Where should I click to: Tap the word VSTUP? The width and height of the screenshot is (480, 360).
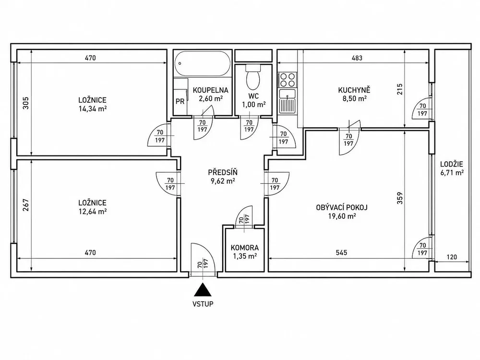[x=203, y=304]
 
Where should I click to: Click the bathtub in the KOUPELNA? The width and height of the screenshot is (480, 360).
[x=203, y=63]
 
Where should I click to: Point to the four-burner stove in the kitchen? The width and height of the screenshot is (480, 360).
[x=287, y=80]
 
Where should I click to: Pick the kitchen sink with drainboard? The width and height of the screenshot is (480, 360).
[x=287, y=101]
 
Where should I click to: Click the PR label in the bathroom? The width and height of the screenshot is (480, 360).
[x=180, y=101]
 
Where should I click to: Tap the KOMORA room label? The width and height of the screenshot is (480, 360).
[x=245, y=248]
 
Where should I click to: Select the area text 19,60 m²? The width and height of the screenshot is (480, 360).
[x=342, y=216]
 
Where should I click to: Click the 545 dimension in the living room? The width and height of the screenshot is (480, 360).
[x=341, y=252]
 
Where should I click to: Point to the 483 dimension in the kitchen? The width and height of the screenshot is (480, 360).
[x=357, y=58]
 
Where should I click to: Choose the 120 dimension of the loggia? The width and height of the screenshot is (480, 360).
[x=452, y=257]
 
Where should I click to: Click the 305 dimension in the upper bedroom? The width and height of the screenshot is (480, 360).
[x=26, y=103]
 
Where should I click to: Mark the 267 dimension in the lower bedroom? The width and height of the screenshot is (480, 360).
[x=26, y=205]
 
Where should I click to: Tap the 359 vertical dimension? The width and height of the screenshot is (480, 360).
[x=400, y=198]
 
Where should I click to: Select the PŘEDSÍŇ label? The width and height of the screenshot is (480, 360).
[x=223, y=173]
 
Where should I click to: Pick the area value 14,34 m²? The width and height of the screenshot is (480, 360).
[x=93, y=108]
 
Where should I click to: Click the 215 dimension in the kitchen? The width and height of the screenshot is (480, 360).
[x=400, y=89]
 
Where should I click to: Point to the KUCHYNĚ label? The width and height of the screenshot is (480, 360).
[x=354, y=90]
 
